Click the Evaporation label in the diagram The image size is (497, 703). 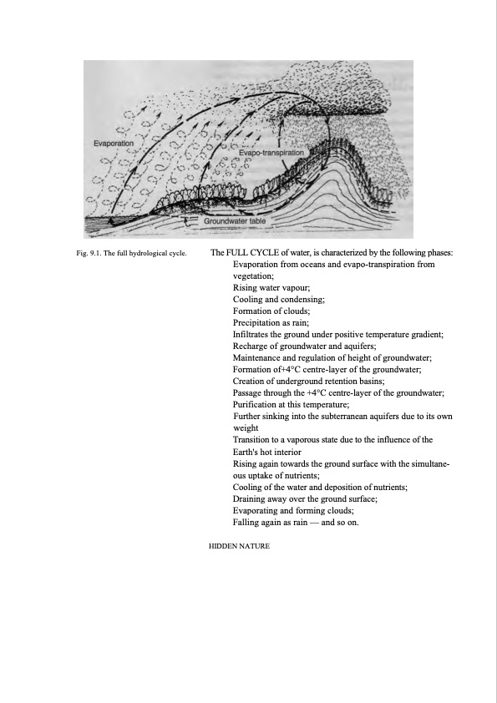pos(113,144)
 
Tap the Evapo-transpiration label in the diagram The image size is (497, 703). pos(271,154)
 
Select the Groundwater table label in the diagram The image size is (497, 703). pos(235,221)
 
